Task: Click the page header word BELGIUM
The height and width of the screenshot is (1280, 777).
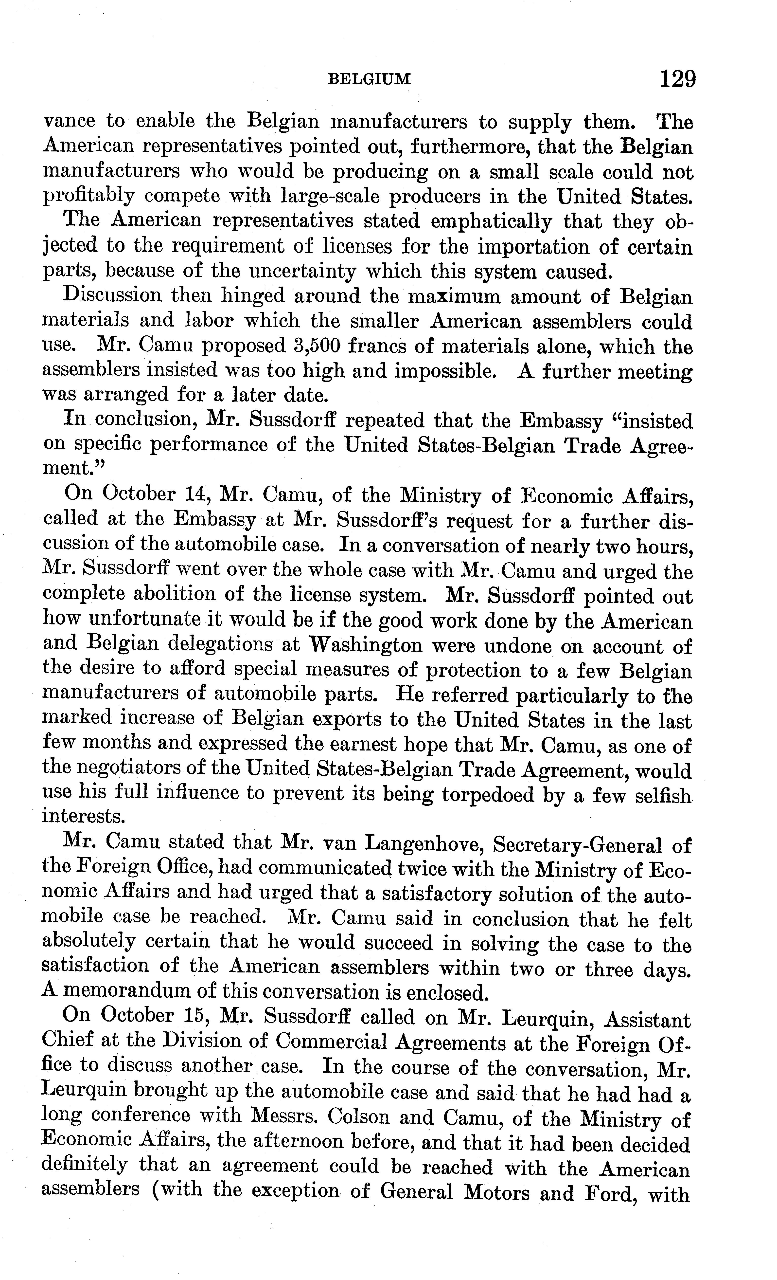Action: [370, 79]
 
